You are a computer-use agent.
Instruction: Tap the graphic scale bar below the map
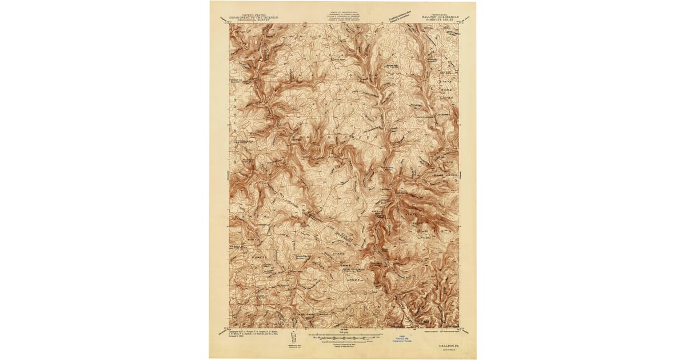point(343,337)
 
